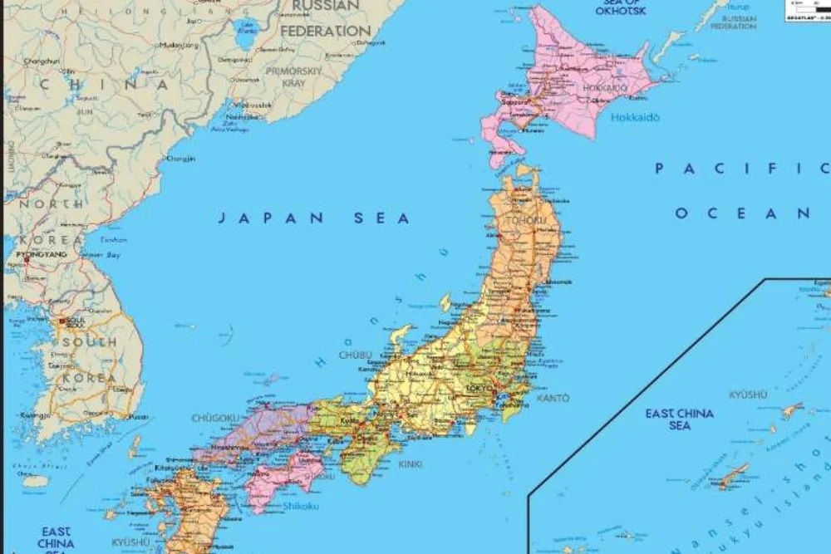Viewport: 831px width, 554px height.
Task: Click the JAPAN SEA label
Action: click(x=314, y=218)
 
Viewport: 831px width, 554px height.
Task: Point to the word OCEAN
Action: click(x=742, y=213)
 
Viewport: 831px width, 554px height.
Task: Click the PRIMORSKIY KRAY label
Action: click(x=293, y=77)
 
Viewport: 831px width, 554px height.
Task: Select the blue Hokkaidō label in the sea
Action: click(x=636, y=118)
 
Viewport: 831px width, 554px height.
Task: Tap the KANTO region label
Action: click(x=553, y=399)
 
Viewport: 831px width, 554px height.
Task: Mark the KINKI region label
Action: click(x=411, y=464)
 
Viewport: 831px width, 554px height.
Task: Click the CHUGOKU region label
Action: click(x=216, y=418)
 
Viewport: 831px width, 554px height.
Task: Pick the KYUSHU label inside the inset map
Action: click(x=748, y=395)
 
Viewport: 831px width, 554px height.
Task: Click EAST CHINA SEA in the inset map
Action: click(x=679, y=419)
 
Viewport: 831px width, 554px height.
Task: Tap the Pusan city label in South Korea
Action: click(x=140, y=416)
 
